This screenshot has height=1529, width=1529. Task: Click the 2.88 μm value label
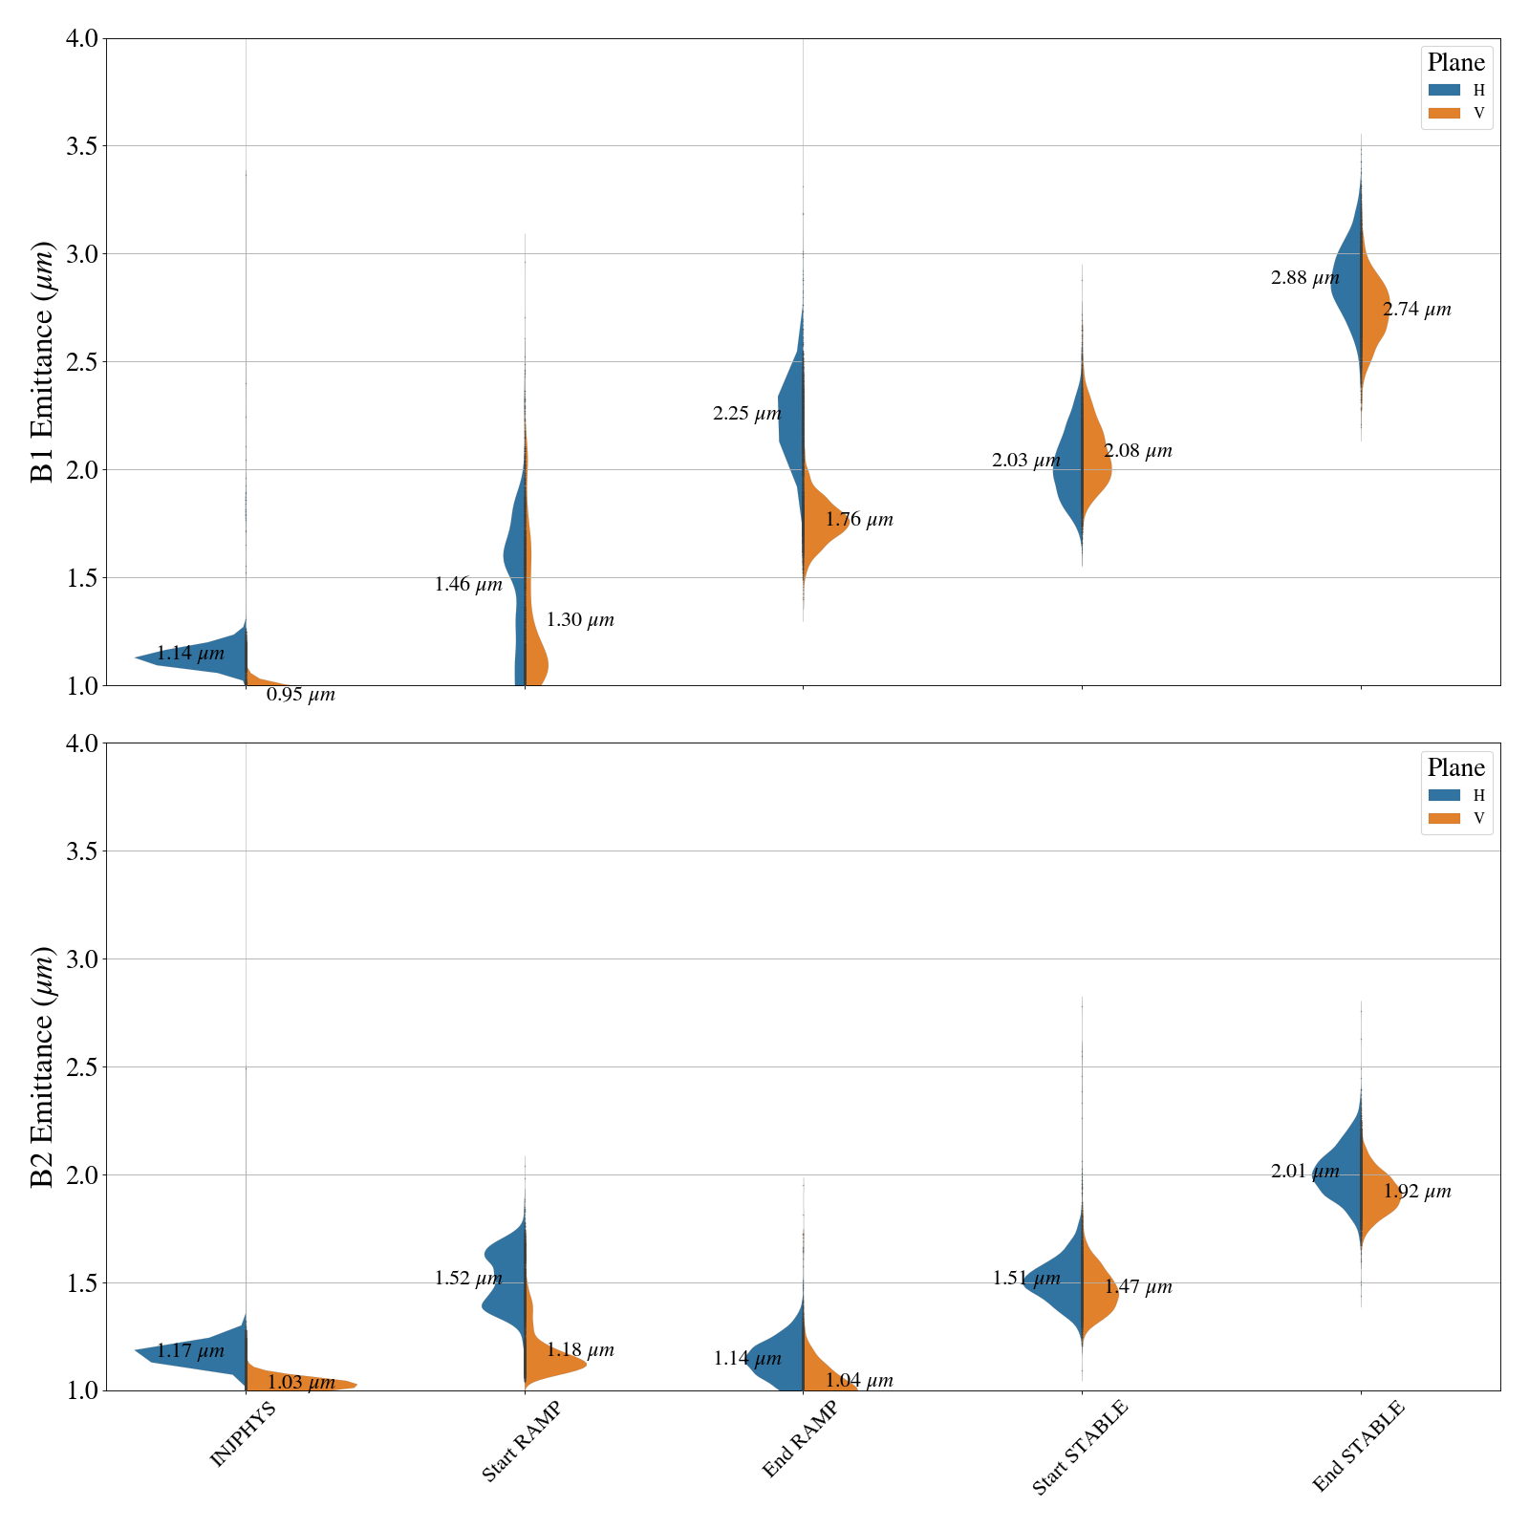[x=1304, y=279]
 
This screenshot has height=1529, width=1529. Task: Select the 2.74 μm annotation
[x=1416, y=310]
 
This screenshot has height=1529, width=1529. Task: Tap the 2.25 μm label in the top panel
[x=746, y=414]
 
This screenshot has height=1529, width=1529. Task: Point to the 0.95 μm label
[x=300, y=695]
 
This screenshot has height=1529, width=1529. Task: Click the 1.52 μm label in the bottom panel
[x=467, y=1278]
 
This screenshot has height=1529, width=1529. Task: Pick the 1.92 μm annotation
[x=1416, y=1192]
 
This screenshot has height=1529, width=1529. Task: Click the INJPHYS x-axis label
[x=243, y=1434]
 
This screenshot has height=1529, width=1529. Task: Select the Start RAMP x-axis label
[x=521, y=1442]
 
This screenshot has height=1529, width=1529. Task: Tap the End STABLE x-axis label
[x=1358, y=1446]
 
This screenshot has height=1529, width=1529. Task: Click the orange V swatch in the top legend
[x=1444, y=113]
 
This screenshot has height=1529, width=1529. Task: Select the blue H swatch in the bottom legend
[x=1444, y=795]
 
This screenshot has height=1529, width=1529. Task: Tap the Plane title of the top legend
[x=1455, y=63]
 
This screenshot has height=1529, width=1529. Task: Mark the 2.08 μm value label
[x=1137, y=451]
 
